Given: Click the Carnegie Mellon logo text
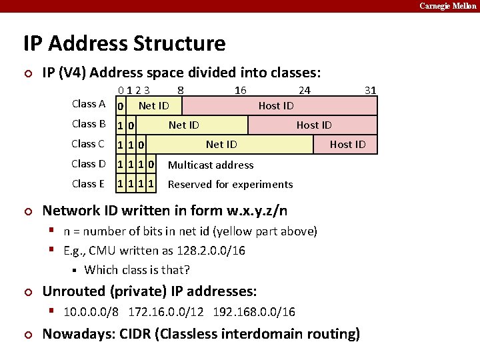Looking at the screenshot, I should pyautogui.click(x=448, y=6).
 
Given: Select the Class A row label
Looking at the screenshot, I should pyautogui.click(x=89, y=104).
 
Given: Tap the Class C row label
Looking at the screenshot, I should pyautogui.click(x=89, y=144).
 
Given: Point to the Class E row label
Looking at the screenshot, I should pyautogui.click(x=89, y=184).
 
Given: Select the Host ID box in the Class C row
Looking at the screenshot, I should pyautogui.click(x=347, y=145).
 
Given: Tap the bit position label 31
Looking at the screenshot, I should pyautogui.click(x=371, y=90).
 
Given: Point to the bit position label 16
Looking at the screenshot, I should pyautogui.click(x=240, y=90).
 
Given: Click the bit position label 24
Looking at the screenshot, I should pyautogui.click(x=304, y=90).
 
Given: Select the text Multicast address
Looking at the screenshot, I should pyautogui.click(x=211, y=165).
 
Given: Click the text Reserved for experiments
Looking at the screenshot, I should pyautogui.click(x=230, y=185).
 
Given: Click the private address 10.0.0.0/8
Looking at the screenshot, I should pyautogui.click(x=91, y=312).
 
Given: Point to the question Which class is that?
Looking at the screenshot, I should pyautogui.click(x=137, y=270).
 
